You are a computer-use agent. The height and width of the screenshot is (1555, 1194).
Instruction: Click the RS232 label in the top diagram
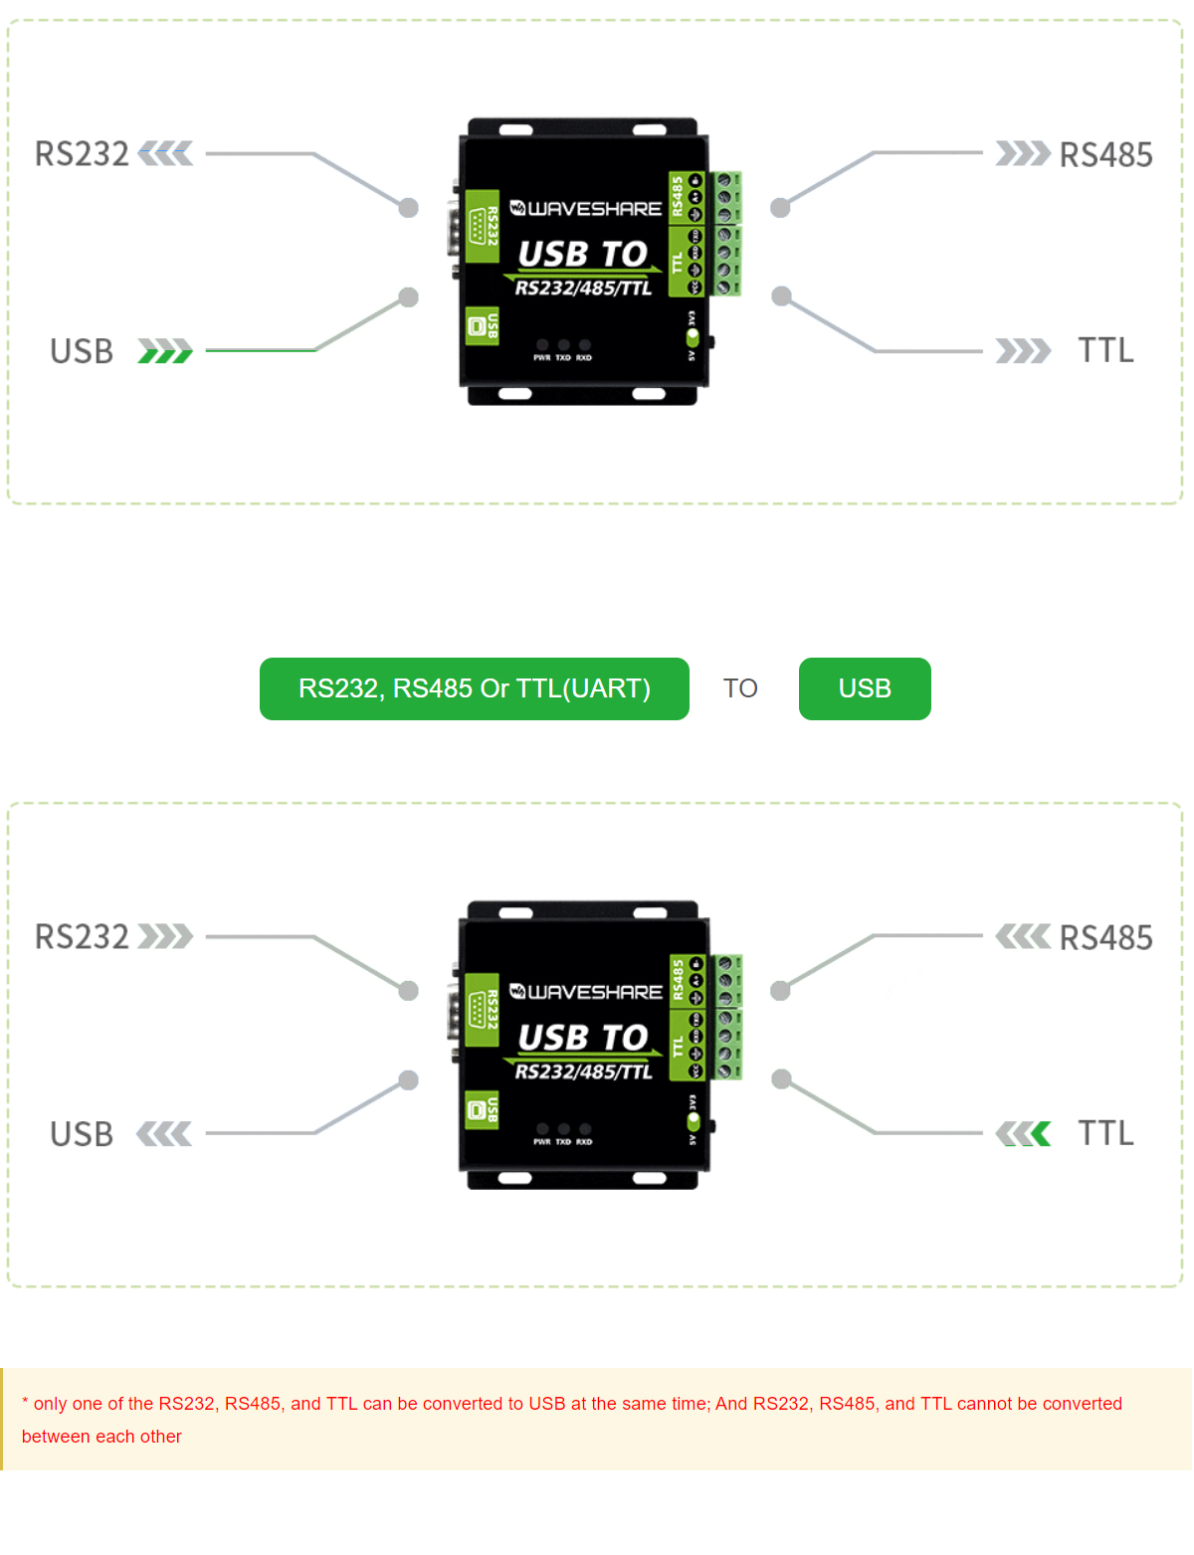pos(82,154)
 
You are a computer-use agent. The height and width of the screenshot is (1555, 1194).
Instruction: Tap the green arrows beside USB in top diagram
pos(164,351)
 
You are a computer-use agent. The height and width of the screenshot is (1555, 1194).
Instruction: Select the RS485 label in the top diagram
pos(1105,155)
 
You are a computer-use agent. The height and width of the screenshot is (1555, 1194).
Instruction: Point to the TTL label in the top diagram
pos(1105,350)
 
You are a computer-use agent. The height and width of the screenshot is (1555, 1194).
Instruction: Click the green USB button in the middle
pos(864,688)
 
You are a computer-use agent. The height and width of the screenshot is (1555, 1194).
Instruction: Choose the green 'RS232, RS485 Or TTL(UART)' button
pos(474,688)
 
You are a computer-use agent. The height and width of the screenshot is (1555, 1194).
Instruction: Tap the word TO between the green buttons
pos(740,688)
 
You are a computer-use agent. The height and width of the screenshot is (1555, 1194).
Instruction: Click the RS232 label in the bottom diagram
pos(82,937)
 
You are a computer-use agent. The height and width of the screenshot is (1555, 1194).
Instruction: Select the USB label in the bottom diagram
pos(82,1134)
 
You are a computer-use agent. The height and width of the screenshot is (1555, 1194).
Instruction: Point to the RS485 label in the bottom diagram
pos(1105,938)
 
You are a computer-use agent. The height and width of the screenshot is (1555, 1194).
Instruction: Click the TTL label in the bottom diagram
pos(1105,1133)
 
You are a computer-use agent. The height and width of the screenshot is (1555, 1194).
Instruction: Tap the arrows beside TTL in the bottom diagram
pos(1023,1133)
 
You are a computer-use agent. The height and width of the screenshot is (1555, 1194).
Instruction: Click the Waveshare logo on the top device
pos(585,209)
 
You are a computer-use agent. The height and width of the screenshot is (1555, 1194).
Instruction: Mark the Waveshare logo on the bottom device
pos(585,992)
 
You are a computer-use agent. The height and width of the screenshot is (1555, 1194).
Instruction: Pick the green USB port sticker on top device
pos(483,325)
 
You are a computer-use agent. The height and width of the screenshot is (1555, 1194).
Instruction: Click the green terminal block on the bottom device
pos(727,1017)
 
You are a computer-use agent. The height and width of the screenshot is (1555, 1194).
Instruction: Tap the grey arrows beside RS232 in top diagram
pos(165,154)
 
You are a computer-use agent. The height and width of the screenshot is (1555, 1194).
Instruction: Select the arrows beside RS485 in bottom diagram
pos(1023,936)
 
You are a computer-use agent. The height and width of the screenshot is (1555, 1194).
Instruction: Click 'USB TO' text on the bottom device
pos(583,1038)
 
